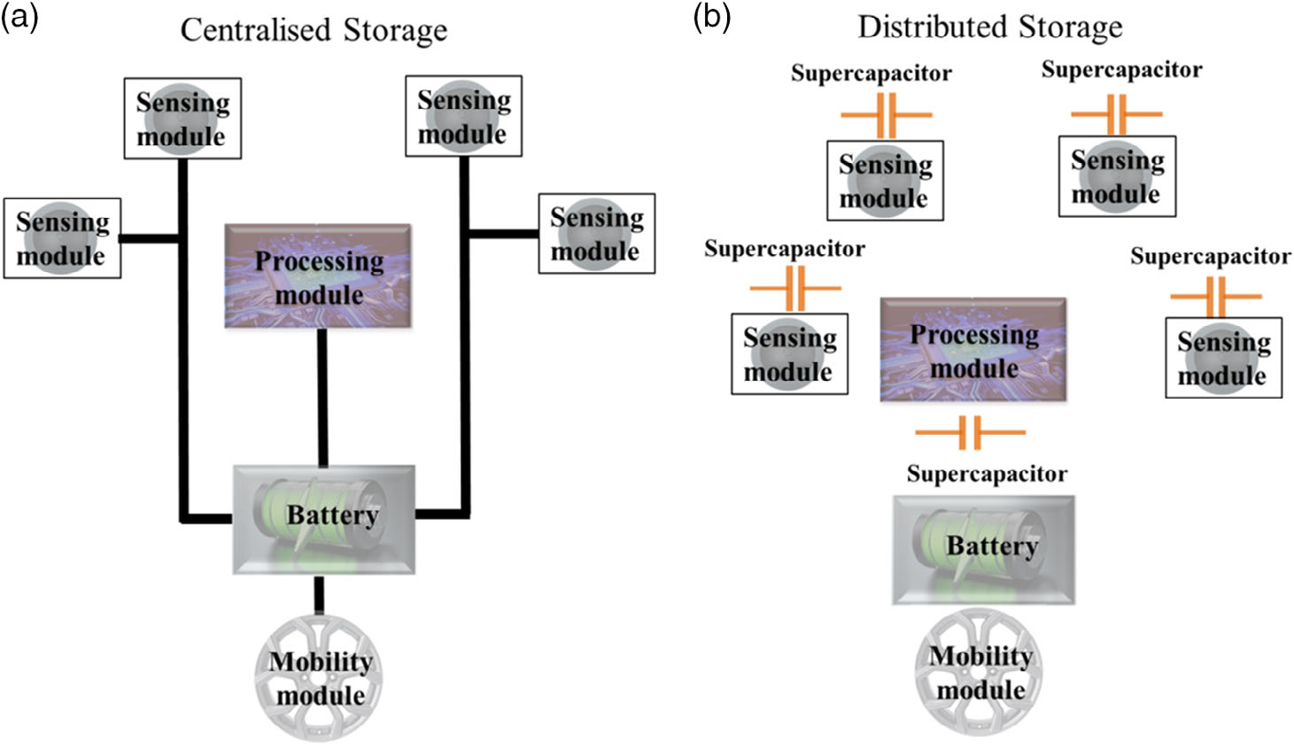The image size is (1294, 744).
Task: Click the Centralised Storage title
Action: coord(314,30)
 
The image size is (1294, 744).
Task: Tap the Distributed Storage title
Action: coord(989,27)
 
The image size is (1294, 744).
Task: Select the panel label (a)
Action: coord(19,17)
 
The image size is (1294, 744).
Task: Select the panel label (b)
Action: coord(712,17)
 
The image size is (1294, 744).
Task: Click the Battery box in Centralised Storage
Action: coord(323,518)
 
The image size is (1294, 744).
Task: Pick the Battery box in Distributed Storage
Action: coord(983,549)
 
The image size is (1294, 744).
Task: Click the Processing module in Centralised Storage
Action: coord(318,276)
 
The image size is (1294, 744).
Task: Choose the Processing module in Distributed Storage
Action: coord(972,350)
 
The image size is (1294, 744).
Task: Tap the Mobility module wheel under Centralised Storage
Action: coord(320,678)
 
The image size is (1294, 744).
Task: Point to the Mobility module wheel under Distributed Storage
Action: coord(980,673)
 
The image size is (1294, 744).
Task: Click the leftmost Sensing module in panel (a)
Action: coord(62,238)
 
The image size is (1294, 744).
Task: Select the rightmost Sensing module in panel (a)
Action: coord(596,233)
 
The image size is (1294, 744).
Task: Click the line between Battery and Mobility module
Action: coord(320,594)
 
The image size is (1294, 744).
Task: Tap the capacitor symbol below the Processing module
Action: coord(970,433)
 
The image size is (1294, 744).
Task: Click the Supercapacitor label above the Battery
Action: coord(987,474)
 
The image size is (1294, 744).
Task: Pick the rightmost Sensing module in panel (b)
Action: coord(1222,357)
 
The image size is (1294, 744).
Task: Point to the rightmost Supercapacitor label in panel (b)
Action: coord(1210,257)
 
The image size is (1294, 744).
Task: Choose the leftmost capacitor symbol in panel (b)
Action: coord(794,289)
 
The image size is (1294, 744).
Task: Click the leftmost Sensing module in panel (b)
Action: coord(788,353)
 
